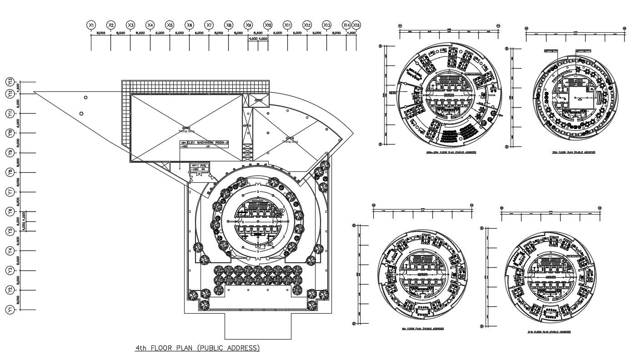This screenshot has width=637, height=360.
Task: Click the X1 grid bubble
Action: (91, 25)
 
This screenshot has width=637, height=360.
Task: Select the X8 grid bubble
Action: (229, 25)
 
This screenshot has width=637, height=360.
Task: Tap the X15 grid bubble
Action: (356, 25)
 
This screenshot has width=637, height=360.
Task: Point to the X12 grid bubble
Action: (307, 25)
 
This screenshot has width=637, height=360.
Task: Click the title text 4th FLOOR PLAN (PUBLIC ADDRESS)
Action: (198, 348)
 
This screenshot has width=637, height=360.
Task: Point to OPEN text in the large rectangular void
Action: (186, 128)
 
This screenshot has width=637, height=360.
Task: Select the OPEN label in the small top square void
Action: (258, 100)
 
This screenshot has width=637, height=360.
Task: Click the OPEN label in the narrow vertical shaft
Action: (247, 125)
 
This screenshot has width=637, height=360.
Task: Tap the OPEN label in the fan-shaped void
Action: (290, 138)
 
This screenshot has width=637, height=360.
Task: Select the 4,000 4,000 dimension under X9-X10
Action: (258, 39)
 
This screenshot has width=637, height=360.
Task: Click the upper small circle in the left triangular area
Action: (85, 97)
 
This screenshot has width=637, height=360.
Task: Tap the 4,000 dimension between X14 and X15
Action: (351, 33)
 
